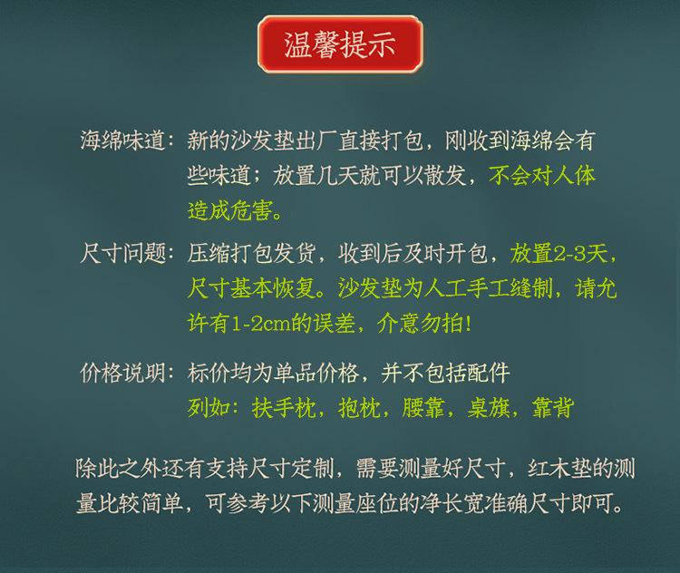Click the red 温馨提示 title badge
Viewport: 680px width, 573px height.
pyautogui.click(x=340, y=44)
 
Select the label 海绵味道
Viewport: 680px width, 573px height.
pyautogui.click(x=122, y=141)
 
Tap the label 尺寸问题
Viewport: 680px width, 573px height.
pyautogui.click(x=122, y=253)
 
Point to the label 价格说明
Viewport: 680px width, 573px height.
pyautogui.click(x=122, y=373)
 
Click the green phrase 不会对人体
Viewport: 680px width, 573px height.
pyautogui.click(x=542, y=176)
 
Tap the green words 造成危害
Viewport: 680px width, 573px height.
pyautogui.click(x=230, y=211)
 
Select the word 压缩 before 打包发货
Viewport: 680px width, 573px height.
pyautogui.click(x=209, y=253)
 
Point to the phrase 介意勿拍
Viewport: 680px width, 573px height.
pyautogui.click(x=420, y=324)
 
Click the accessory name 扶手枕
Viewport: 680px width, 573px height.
pyautogui.click(x=284, y=408)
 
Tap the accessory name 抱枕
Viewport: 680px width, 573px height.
pyautogui.click(x=359, y=408)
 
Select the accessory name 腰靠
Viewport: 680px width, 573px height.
pyautogui.click(x=423, y=408)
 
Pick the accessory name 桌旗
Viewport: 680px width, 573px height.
pyautogui.click(x=488, y=408)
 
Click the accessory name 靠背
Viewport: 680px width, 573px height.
pyautogui.click(x=552, y=408)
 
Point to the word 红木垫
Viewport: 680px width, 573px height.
pyautogui.click(x=560, y=469)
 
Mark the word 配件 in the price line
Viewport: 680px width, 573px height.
pyautogui.click(x=489, y=373)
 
